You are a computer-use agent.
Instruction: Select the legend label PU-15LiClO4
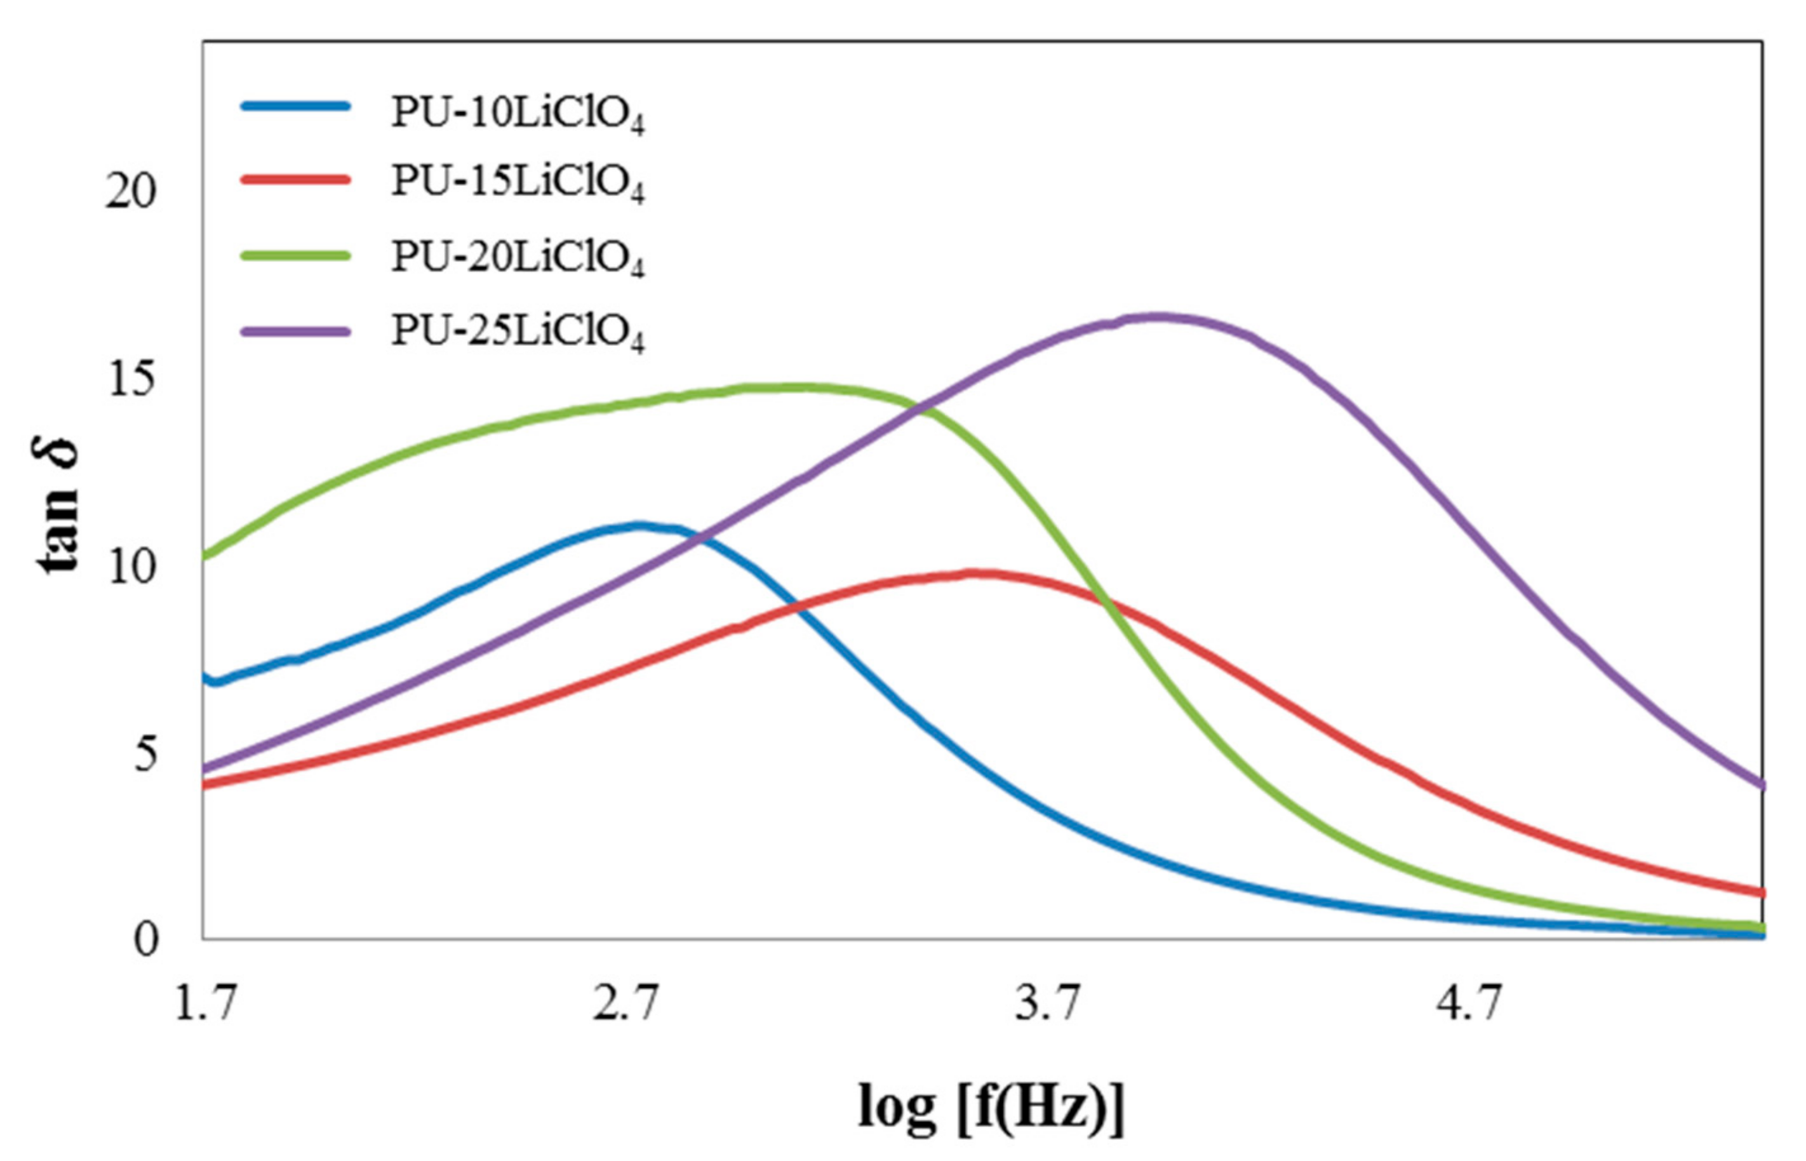(517, 183)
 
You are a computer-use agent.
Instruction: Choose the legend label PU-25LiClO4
(517, 331)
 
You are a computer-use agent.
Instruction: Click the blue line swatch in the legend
(295, 106)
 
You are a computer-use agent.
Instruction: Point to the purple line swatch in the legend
(295, 330)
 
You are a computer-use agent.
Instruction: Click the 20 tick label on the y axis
(130, 192)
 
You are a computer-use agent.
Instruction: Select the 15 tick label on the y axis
(130, 379)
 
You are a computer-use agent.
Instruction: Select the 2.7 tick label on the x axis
(625, 1004)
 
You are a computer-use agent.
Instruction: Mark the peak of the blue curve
(639, 525)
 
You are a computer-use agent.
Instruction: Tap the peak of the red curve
(976, 574)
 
